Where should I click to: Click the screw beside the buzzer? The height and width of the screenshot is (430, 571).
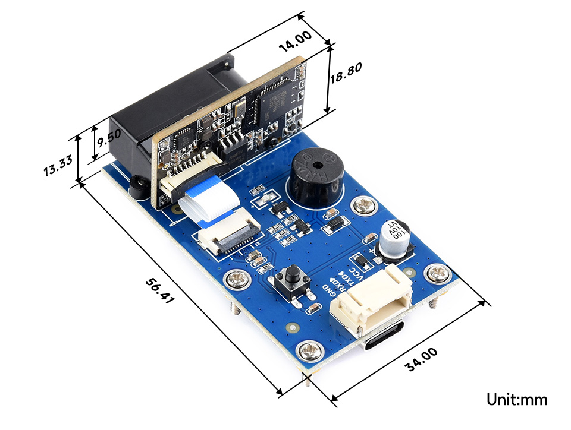363,206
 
